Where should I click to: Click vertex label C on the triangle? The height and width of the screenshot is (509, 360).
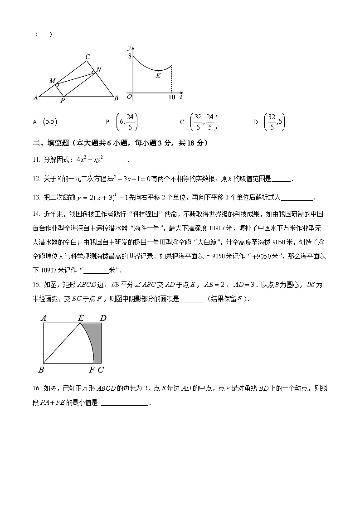(x=88, y=57)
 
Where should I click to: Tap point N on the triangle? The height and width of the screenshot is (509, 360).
(x=98, y=69)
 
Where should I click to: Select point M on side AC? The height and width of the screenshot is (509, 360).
(x=53, y=81)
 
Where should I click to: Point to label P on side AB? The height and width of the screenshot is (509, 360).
(x=62, y=101)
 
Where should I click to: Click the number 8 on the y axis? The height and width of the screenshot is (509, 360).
(x=129, y=56)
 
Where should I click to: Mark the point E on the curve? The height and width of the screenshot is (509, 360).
(x=158, y=76)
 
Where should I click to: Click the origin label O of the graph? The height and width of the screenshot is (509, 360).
(x=129, y=97)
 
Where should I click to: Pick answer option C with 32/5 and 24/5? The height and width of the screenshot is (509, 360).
(x=204, y=121)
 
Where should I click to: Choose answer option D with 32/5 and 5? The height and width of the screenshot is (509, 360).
(x=274, y=121)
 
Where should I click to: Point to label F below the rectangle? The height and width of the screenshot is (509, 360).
(x=92, y=370)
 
